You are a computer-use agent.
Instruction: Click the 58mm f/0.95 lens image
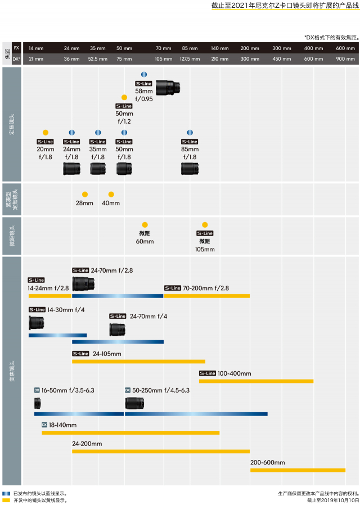(x=169, y=87)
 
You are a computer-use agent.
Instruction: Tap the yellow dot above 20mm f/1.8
(x=46, y=132)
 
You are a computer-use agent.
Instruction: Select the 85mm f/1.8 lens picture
(x=190, y=169)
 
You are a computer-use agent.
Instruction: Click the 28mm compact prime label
(x=84, y=203)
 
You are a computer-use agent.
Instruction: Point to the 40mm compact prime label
(x=111, y=203)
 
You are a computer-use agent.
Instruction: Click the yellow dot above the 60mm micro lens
(x=145, y=224)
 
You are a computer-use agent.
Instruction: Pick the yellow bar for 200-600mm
(x=298, y=470)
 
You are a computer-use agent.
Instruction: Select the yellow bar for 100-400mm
(x=256, y=381)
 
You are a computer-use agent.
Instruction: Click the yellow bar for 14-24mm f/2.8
(x=50, y=296)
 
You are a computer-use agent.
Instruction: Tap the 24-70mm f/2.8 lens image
(x=83, y=283)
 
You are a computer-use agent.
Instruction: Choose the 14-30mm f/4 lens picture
(x=37, y=322)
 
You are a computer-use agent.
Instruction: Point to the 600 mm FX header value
(x=345, y=48)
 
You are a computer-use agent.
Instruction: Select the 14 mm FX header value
(x=35, y=48)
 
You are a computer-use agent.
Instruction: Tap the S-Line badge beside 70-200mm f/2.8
(x=173, y=288)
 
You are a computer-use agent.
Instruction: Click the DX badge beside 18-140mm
(x=44, y=425)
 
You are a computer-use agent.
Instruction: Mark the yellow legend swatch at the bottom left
(x=6, y=500)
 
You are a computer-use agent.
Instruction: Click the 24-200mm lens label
(x=87, y=444)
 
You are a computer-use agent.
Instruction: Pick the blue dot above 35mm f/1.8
(x=98, y=132)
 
